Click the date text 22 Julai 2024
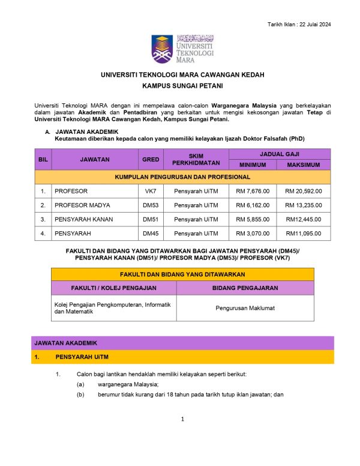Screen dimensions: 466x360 coord(312,24)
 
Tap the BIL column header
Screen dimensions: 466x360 coord(43,159)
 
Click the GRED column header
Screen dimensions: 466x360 coord(150,159)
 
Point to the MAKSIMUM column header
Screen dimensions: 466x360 coord(304,165)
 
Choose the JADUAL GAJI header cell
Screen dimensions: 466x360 coord(277,154)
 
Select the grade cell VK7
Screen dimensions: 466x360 coord(150,192)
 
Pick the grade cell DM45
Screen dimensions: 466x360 coord(150,234)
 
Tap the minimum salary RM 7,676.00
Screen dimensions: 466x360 coord(253,192)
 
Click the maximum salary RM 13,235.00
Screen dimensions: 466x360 coord(304,205)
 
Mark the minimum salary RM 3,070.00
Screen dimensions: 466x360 coord(253,234)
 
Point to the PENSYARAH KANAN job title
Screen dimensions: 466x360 coord(83,219)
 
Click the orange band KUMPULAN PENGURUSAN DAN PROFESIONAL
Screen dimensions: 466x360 coord(182,177)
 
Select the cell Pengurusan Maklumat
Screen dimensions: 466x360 coord(244,308)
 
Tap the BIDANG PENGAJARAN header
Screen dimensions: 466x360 coord(244,288)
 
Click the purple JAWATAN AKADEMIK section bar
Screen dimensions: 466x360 coord(182,343)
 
